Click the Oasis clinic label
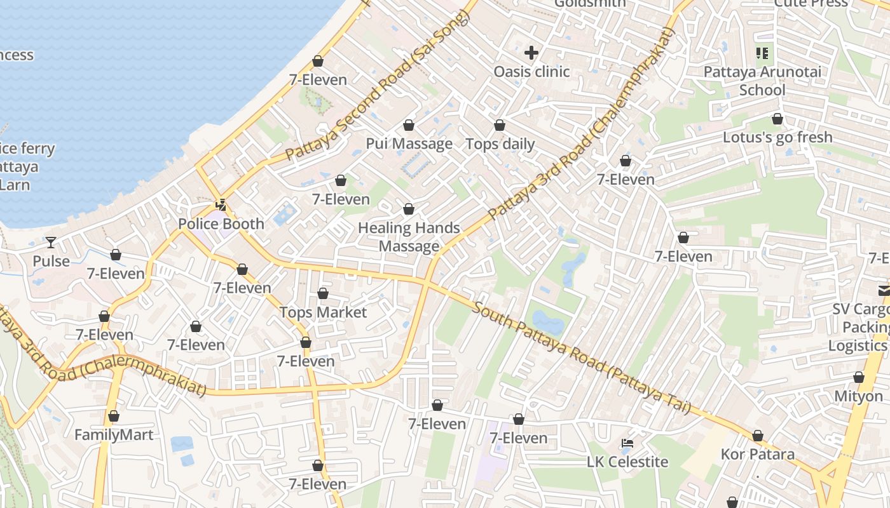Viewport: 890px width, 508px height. (x=531, y=72)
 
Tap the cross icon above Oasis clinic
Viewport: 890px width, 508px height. (x=531, y=53)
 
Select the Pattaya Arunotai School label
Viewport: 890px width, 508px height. (x=762, y=81)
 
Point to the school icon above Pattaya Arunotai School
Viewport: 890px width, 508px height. (x=762, y=53)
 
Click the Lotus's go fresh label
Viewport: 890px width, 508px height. (x=777, y=137)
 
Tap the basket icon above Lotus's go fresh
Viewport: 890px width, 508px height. (x=777, y=119)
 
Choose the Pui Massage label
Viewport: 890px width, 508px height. (x=409, y=144)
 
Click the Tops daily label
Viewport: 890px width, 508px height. (x=500, y=144)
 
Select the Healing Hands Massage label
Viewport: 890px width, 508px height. (x=409, y=237)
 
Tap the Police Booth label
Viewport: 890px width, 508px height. (x=221, y=224)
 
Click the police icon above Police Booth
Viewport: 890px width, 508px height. (x=221, y=205)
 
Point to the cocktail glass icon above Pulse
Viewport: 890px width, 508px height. (x=51, y=242)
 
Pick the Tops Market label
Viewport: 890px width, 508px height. (x=323, y=312)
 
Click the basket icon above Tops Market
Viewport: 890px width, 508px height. (x=323, y=293)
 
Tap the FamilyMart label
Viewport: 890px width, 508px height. (x=114, y=435)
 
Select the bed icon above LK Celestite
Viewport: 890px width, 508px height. (x=627, y=443)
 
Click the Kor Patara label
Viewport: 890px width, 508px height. (x=757, y=455)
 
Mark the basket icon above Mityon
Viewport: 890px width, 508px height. (x=859, y=377)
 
